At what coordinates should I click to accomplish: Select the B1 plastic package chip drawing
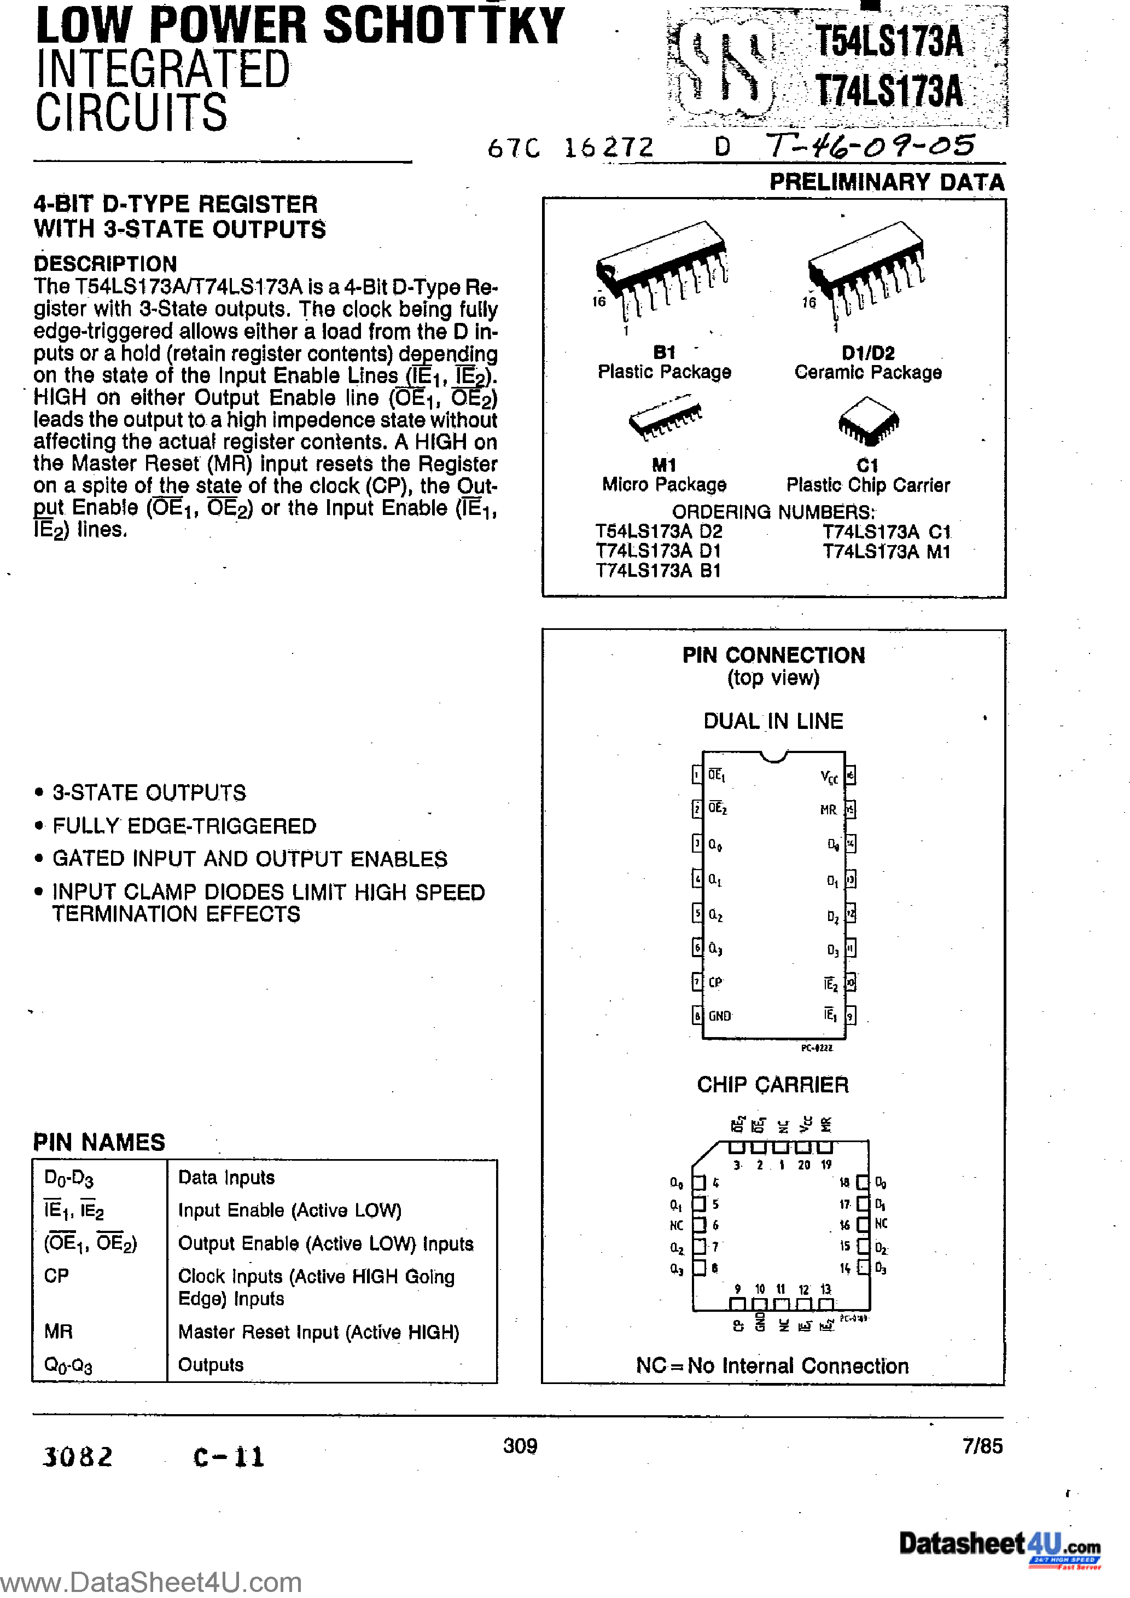tap(661, 271)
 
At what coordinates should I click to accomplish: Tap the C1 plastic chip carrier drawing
tap(869, 420)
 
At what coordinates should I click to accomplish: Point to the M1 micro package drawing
tap(665, 418)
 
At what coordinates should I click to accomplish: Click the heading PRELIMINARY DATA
tap(887, 182)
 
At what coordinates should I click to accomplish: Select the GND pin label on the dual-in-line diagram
tap(719, 1016)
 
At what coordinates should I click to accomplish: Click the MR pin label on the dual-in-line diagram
tap(828, 810)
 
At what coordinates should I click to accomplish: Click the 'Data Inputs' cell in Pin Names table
tap(226, 1178)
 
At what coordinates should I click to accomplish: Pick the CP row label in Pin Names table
tap(56, 1276)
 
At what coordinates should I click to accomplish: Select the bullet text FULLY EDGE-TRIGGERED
tap(184, 826)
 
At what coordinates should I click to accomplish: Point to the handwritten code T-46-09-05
tap(870, 146)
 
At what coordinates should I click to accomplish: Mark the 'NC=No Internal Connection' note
tap(772, 1366)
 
